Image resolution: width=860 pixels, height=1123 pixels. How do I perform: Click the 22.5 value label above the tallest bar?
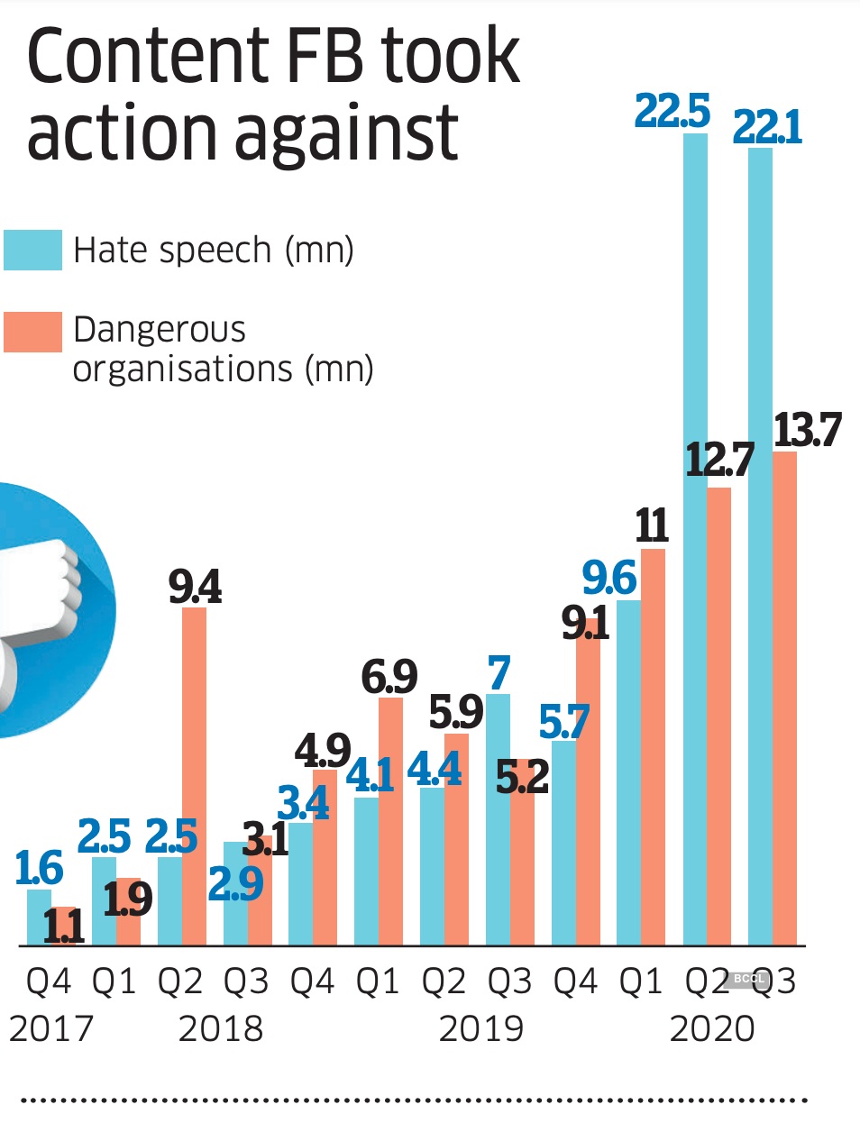pos(672,112)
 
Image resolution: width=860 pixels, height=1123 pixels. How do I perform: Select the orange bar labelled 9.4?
pos(194,775)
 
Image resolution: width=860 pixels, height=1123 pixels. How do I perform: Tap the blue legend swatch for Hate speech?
pos(32,250)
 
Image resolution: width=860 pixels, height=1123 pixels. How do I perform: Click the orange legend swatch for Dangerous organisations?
pos(32,332)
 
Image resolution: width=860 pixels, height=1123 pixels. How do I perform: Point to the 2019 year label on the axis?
pos(480,1028)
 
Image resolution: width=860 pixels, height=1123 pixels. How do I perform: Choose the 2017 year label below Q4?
pos(51,1028)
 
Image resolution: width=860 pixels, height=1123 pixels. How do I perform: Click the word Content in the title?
pos(149,56)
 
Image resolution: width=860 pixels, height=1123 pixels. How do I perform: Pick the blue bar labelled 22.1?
pos(760,541)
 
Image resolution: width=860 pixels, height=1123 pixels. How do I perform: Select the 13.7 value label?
pos(807,430)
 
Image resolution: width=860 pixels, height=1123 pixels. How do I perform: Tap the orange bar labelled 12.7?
pos(718,717)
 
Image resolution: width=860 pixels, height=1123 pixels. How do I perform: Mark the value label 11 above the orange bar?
pos(652,525)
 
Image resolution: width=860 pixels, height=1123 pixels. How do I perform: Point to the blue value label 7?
pos(499,673)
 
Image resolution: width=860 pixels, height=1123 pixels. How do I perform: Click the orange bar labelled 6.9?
pos(390,820)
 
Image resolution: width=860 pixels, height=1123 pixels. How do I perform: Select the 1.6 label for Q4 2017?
pos(39,868)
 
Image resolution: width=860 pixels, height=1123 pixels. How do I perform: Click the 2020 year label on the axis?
pos(712,1028)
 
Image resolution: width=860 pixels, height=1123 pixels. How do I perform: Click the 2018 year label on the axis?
pos(221,1028)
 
